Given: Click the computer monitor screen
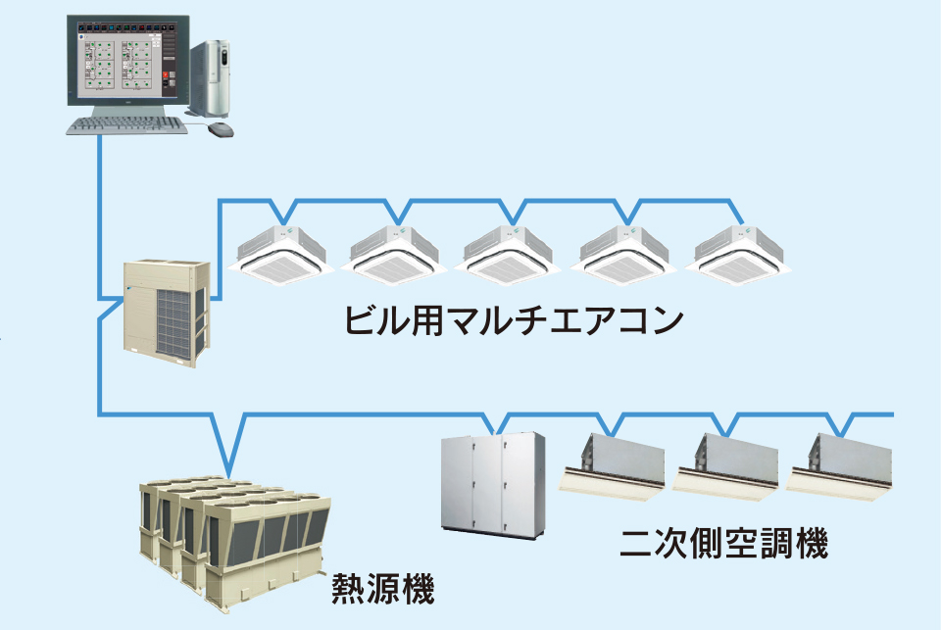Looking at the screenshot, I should (x=124, y=57).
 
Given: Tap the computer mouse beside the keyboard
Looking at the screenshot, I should (x=222, y=128).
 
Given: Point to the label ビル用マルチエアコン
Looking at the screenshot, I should (x=512, y=321).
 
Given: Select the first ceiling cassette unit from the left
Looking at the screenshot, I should (x=281, y=251).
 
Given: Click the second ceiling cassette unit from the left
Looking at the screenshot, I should (x=396, y=251).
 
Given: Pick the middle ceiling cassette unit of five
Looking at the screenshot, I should (x=510, y=251).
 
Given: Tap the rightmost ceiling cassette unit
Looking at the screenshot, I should (x=739, y=251).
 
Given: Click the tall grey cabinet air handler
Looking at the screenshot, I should (x=489, y=484).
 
